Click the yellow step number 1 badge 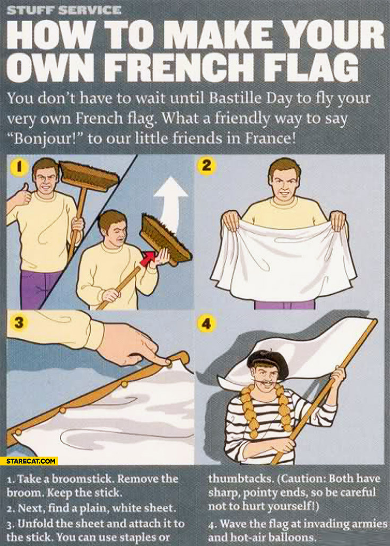(20, 166)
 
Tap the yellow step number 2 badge (206, 165)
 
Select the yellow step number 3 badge (19, 322)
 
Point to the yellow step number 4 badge (206, 323)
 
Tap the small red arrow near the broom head (148, 258)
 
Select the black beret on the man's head (267, 362)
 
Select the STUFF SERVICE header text (64, 10)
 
